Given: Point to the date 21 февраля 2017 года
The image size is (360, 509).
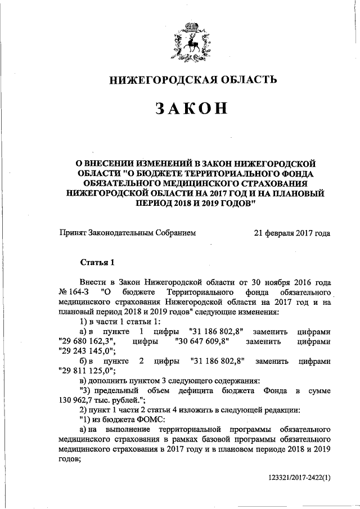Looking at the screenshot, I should (292, 233).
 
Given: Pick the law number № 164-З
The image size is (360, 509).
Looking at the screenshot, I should (72, 292).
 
